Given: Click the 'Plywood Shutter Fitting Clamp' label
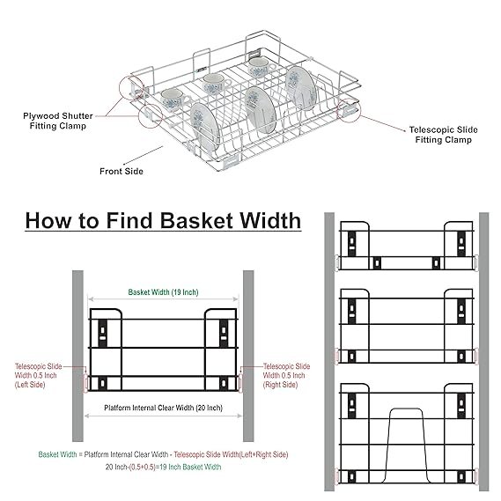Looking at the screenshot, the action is click(58, 121).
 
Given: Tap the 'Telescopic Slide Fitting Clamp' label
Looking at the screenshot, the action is click(444, 135).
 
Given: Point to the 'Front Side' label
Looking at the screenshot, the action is click(122, 172).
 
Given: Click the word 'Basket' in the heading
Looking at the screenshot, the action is click(196, 221).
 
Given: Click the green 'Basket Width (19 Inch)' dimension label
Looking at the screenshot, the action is click(163, 292).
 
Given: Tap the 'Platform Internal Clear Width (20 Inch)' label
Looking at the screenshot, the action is click(163, 408).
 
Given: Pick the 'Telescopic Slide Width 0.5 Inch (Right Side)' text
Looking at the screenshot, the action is click(286, 375).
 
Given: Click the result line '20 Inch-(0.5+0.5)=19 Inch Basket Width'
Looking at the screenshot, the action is click(163, 467).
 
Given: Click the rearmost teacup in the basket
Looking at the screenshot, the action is click(261, 68).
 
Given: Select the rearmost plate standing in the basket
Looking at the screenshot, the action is click(299, 89).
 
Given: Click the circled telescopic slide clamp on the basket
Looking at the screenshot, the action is click(349, 110).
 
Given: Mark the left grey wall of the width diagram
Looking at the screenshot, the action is click(77, 356).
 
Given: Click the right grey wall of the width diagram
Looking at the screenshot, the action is click(248, 356).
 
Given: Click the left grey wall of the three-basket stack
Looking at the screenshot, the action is click(329, 351).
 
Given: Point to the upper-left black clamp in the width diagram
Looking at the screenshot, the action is click(102, 333).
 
